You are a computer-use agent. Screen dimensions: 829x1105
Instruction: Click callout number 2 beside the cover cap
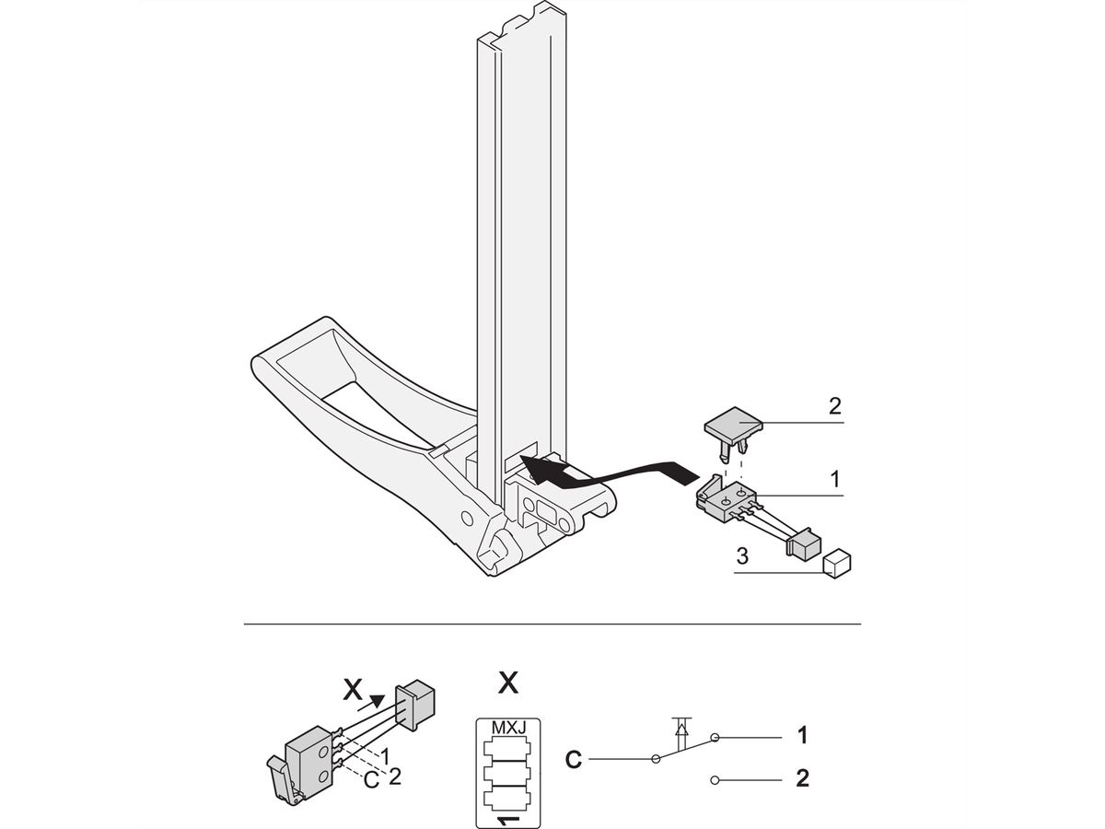[834, 406]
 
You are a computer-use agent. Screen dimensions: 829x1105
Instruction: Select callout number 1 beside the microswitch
[834, 480]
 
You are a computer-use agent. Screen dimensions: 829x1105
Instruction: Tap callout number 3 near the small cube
[741, 556]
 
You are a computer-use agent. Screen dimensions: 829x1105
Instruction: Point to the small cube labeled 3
[835, 564]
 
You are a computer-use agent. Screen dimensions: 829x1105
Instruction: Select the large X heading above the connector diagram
[507, 683]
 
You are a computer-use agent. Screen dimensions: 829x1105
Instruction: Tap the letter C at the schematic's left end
[573, 761]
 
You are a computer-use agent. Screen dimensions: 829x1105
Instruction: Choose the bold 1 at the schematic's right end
[802, 736]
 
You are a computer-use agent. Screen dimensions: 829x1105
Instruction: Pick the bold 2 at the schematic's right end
[802, 779]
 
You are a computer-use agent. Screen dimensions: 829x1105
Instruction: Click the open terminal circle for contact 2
[715, 781]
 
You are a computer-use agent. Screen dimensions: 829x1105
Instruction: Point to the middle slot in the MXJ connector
[507, 767]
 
